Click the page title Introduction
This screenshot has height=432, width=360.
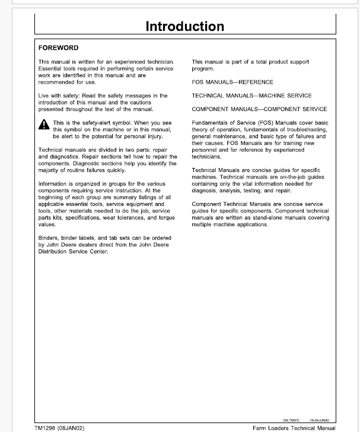(x=184, y=26)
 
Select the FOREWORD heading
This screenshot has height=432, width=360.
(x=58, y=47)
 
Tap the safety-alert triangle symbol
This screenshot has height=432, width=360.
(x=44, y=125)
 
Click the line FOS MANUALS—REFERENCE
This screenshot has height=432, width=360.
(x=232, y=82)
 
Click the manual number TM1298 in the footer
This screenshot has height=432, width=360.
(x=44, y=427)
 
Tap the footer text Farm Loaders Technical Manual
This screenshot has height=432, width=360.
(x=293, y=427)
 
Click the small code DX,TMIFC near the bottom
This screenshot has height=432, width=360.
(x=292, y=418)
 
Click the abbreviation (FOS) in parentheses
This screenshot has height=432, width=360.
(x=259, y=123)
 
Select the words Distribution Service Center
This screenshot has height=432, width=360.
(x=73, y=251)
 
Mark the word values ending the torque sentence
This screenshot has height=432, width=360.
(x=47, y=225)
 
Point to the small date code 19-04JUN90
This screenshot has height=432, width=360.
(x=318, y=418)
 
